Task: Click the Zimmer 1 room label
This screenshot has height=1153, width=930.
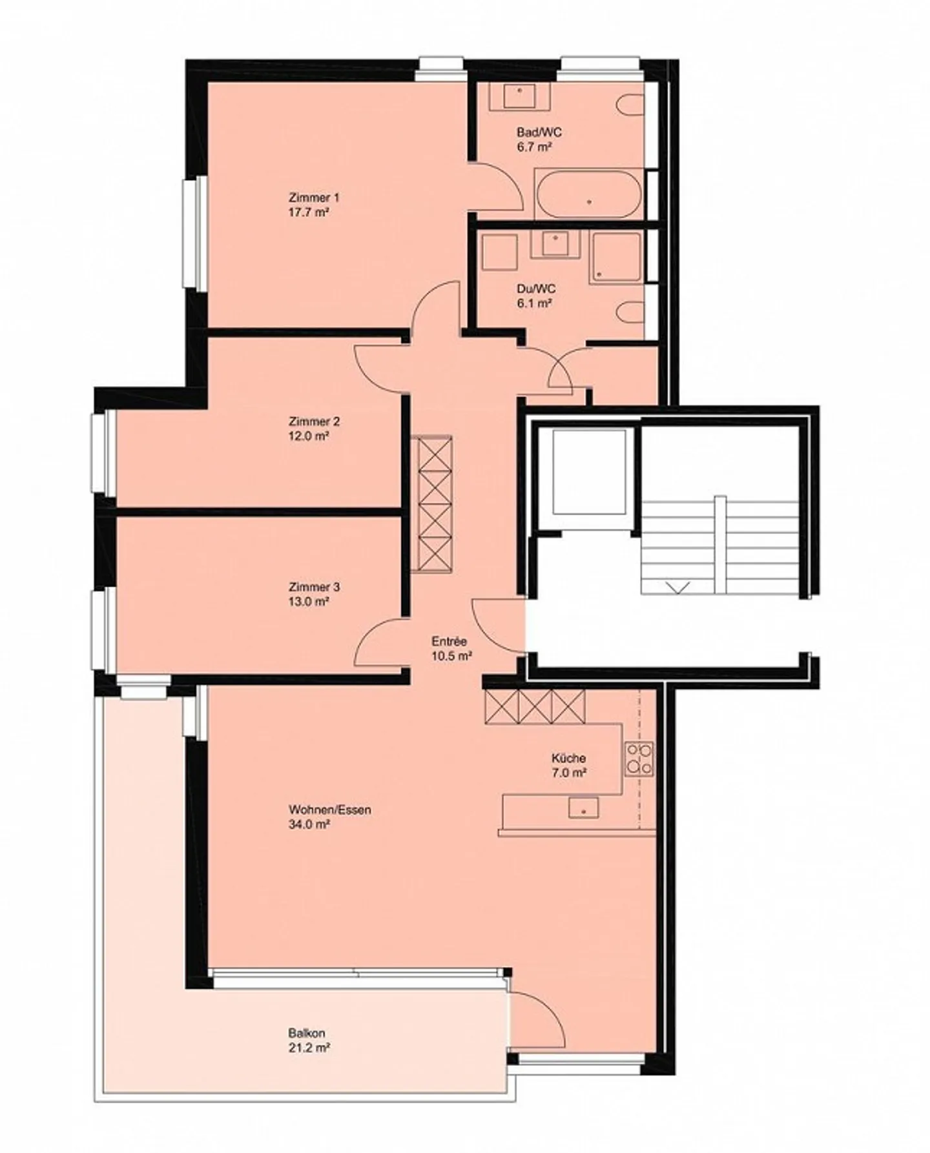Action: pyautogui.click(x=314, y=197)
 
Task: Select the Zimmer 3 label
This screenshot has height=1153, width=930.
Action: pyautogui.click(x=314, y=587)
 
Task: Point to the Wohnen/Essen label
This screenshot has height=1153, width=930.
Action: pyautogui.click(x=329, y=810)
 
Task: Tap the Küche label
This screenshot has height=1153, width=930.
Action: pyautogui.click(x=568, y=758)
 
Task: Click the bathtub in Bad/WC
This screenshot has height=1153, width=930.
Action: pyautogui.click(x=588, y=194)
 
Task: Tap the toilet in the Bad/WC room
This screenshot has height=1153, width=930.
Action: pyautogui.click(x=630, y=107)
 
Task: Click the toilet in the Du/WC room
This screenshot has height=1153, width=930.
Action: pyautogui.click(x=630, y=314)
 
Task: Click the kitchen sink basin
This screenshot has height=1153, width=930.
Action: pyautogui.click(x=583, y=808)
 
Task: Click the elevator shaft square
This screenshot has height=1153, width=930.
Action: pyautogui.click(x=589, y=472)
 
